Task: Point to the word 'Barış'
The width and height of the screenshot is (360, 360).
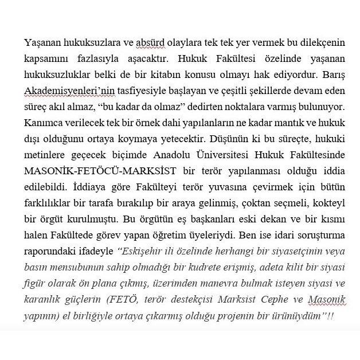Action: [x=324, y=75]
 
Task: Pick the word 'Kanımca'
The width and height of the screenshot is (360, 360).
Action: [x=42, y=123]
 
